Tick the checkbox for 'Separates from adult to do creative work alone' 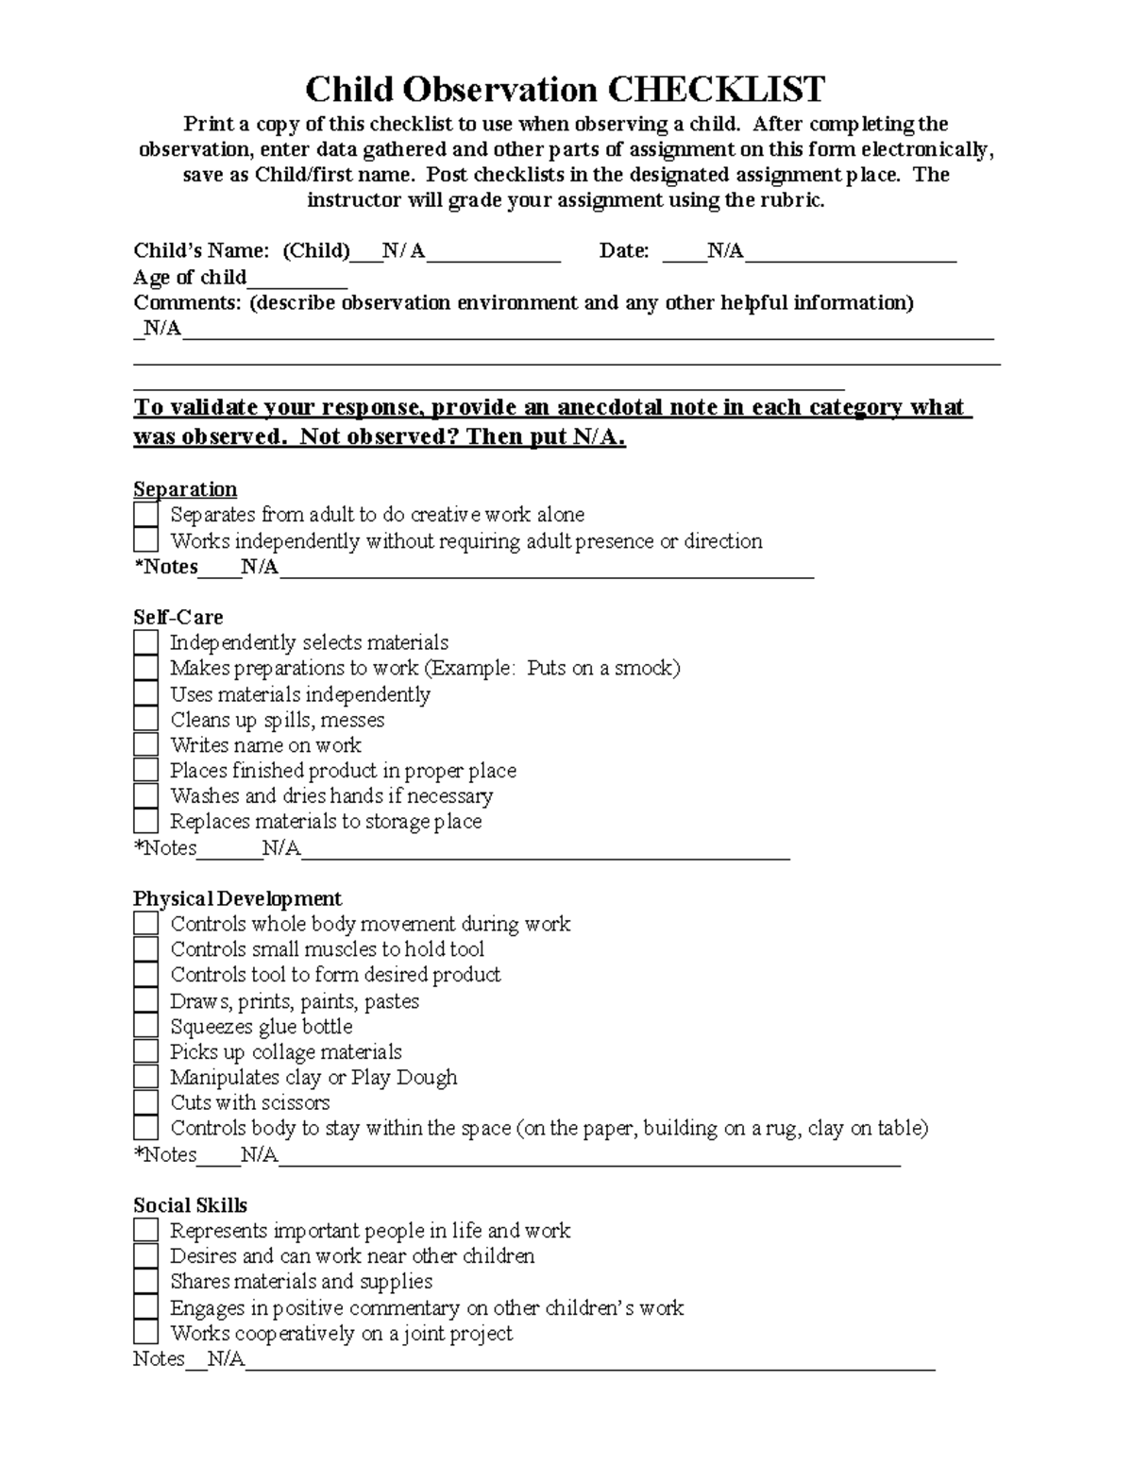145,515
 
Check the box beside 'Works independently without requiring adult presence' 145,540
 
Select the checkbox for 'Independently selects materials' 145,642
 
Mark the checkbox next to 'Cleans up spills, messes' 145,720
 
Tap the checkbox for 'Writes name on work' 145,745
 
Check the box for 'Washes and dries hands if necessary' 145,796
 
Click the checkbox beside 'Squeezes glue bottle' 145,1026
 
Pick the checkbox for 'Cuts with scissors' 145,1102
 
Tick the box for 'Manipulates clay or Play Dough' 145,1077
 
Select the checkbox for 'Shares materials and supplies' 145,1282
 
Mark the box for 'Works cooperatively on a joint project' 145,1333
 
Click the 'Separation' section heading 185,489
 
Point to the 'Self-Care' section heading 178,618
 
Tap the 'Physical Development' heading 237,898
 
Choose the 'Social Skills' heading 190,1205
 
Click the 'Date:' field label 624,251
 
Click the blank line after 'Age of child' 296,279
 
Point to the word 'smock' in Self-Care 643,669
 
